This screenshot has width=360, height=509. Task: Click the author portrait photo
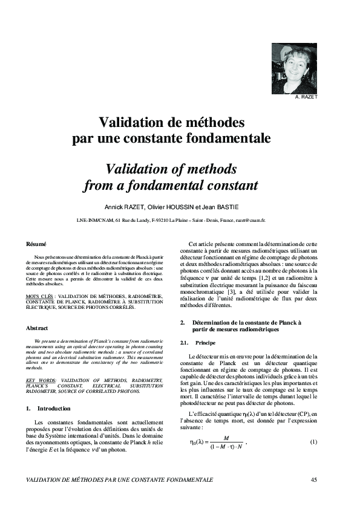[294, 68]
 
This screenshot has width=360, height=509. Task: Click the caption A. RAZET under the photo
[306, 97]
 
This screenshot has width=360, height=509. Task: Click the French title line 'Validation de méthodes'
[172, 123]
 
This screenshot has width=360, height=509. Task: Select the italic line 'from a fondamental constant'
[171, 184]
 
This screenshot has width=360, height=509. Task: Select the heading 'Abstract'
[38, 328]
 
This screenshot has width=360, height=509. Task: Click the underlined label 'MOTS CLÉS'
[39, 296]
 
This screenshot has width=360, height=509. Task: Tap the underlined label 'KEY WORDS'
[41, 380]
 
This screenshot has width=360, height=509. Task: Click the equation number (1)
[313, 441]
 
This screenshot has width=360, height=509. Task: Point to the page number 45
[313, 479]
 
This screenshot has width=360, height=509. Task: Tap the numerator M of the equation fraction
[226, 437]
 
